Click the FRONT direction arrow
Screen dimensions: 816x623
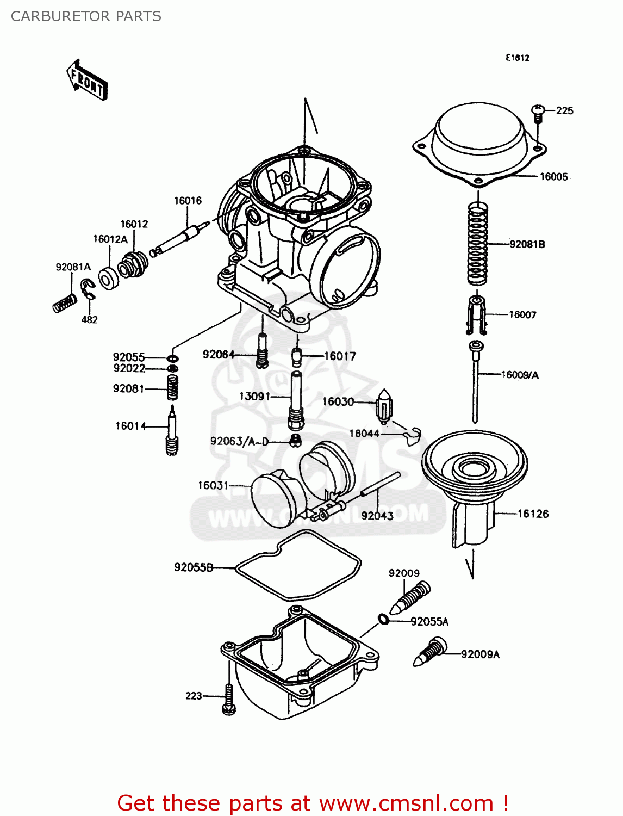point(87,81)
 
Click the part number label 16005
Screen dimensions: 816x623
point(553,177)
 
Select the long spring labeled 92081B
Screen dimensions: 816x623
point(477,244)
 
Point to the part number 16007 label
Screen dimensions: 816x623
point(522,314)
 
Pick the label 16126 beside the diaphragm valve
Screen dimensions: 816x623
point(533,514)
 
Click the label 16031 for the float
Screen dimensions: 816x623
point(213,485)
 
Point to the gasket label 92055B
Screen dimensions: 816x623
point(193,567)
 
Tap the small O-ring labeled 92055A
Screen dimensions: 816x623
point(383,619)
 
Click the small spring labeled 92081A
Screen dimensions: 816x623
point(64,302)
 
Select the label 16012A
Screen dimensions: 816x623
point(110,239)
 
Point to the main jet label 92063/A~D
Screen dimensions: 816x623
point(239,441)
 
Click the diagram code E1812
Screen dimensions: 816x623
point(517,58)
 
